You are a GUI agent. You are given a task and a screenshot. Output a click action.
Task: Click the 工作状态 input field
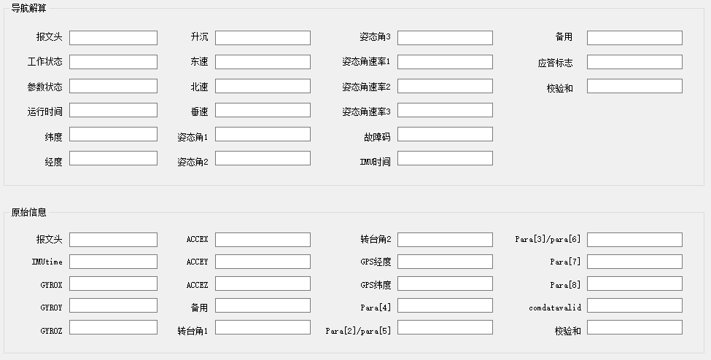(113, 62)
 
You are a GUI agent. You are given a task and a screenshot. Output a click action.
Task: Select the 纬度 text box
(113, 134)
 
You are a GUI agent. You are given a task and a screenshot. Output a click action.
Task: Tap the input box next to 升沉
(263, 38)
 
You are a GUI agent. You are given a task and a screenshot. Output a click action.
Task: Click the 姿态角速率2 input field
(445, 86)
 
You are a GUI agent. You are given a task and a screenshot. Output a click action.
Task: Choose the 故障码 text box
(445, 134)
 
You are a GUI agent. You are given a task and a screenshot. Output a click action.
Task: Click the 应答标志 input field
(634, 62)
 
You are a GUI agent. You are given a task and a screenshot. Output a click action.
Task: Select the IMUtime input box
(113, 262)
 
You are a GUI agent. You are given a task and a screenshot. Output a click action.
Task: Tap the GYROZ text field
(113, 327)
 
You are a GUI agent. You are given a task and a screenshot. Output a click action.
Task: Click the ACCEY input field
(263, 262)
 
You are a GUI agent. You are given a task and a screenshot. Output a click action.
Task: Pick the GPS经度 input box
(445, 262)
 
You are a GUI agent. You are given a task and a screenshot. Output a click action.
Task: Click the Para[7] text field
(634, 262)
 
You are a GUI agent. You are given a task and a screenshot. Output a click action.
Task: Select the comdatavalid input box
(634, 305)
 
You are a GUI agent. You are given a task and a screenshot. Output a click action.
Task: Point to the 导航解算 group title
(28, 8)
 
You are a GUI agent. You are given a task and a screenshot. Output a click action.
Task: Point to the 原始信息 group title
(28, 212)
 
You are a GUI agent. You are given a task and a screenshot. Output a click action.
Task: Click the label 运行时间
(45, 111)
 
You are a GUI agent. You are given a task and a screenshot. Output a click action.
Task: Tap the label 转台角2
(376, 239)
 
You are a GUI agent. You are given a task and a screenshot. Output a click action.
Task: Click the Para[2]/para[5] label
(358, 331)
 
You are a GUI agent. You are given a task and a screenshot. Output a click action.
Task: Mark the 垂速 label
(200, 111)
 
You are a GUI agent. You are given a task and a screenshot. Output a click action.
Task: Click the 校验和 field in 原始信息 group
(634, 327)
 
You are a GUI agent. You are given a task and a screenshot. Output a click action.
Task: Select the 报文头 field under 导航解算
(113, 38)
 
